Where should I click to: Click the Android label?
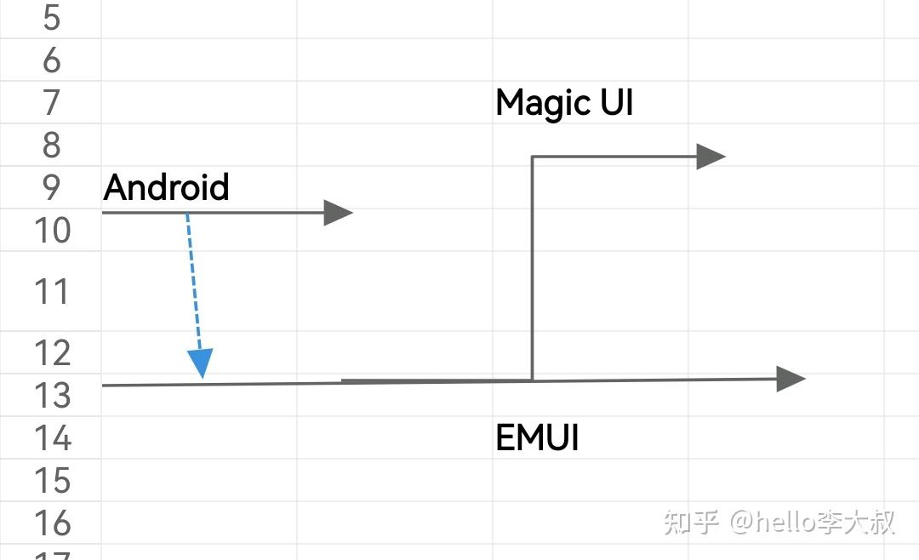(x=167, y=187)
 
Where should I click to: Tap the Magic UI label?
(x=564, y=103)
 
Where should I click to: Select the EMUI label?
(x=537, y=438)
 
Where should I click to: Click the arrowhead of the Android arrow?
(x=338, y=213)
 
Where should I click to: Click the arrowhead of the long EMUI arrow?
(x=791, y=379)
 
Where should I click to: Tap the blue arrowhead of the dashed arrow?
(x=201, y=363)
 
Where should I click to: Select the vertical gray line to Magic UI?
(x=532, y=268)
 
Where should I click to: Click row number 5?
(x=51, y=17)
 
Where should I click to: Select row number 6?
(x=51, y=60)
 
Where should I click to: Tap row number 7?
(x=51, y=103)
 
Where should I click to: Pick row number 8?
(x=51, y=146)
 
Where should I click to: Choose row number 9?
(x=51, y=187)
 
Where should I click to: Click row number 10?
(x=51, y=230)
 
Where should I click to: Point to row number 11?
(x=51, y=292)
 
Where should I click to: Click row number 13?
(x=51, y=396)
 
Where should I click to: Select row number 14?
(x=51, y=438)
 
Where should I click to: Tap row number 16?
(x=51, y=523)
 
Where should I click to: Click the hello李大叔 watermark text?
(x=813, y=521)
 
